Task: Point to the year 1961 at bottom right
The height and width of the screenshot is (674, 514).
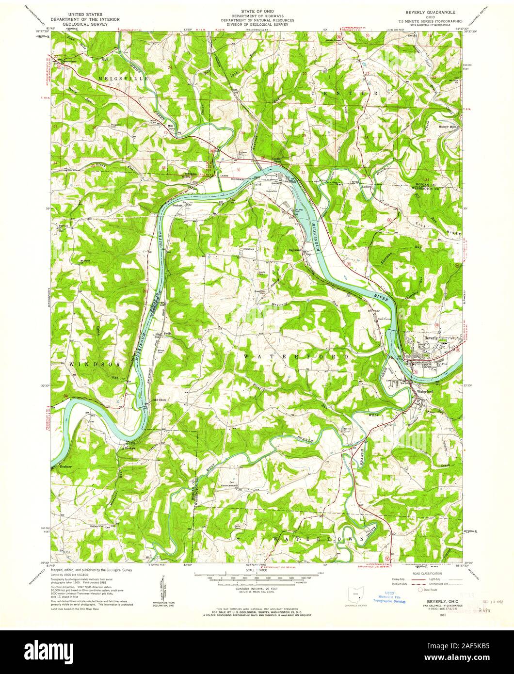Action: pos(429,615)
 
